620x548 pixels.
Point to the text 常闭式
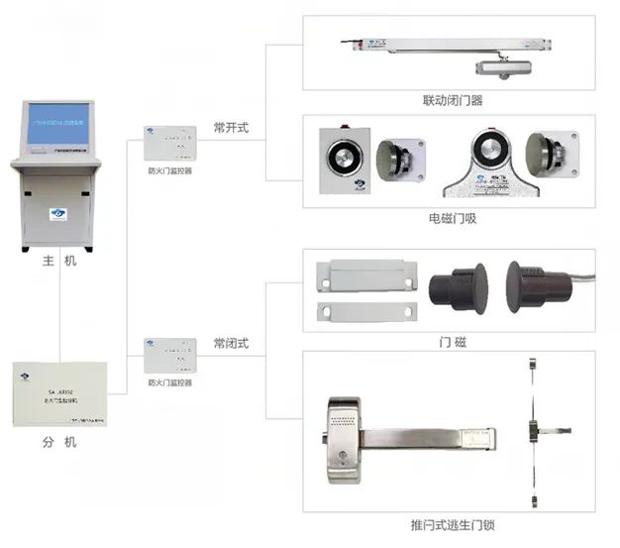231,343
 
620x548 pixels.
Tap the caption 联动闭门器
452,101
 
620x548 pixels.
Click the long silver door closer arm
446,46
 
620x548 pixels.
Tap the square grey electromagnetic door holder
342,158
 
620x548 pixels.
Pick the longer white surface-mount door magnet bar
365,274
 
